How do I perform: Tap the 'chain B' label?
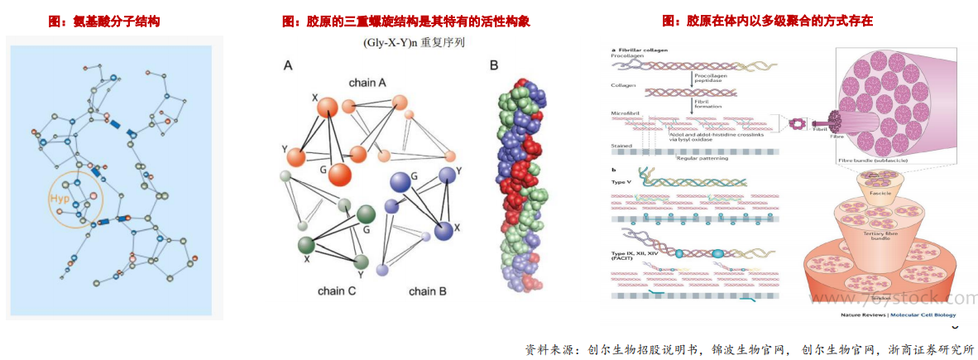(427, 290)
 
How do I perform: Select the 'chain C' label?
(337, 290)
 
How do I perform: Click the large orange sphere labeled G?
(342, 174)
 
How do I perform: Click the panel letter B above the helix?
(494, 65)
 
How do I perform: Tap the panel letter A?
(288, 65)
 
